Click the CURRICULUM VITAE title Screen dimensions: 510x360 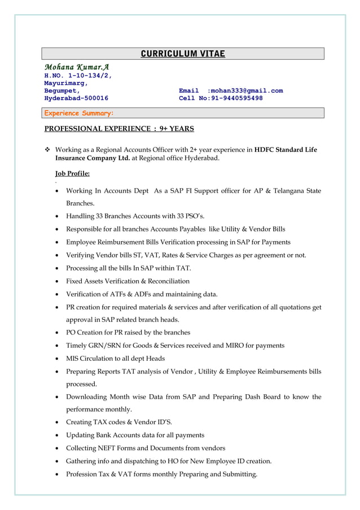182,54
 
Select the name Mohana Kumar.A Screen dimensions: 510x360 73,67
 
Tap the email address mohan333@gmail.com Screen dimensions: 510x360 245,90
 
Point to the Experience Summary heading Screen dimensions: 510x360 79,113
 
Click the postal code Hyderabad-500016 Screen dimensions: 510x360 76,98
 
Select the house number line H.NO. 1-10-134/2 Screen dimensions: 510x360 78,75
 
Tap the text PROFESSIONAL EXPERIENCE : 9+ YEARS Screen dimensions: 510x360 119,129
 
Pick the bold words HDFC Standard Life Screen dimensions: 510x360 286,150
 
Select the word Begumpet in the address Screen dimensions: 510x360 62,90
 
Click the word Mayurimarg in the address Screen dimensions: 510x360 65,83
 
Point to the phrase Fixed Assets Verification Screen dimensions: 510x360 103,281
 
